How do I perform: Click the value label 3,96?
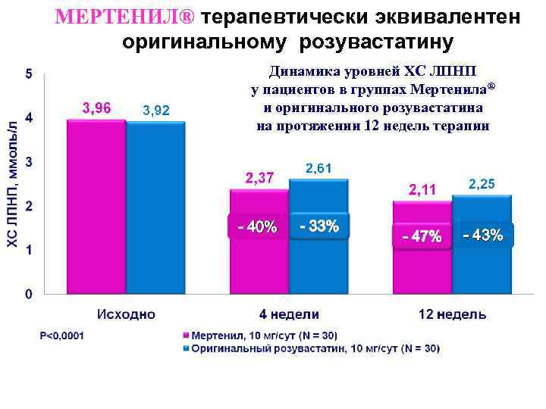[x=96, y=108]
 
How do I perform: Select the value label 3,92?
[x=156, y=111]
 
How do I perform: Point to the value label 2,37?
[x=259, y=178]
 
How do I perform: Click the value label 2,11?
[x=422, y=189]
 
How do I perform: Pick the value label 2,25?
[x=482, y=184]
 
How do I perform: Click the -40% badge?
[x=258, y=226]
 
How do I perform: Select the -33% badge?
[x=319, y=226]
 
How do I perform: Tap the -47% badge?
[x=422, y=236]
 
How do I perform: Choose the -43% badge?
[x=483, y=235]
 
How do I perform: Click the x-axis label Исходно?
[x=126, y=314]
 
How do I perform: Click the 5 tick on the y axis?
[x=29, y=74]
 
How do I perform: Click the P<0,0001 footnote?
[x=62, y=335]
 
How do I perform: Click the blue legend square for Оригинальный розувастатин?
[x=185, y=348]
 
